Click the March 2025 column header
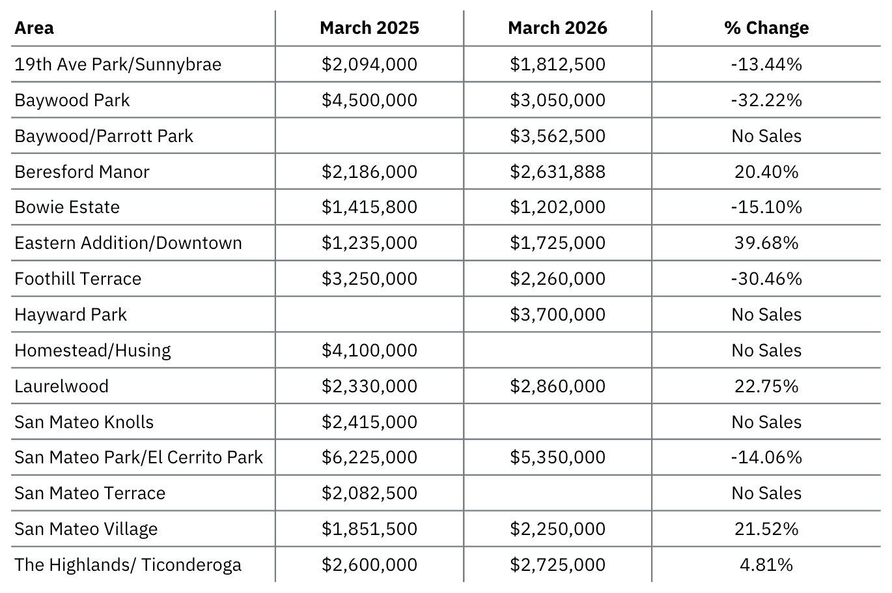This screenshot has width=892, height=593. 369,28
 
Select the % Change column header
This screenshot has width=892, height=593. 766,28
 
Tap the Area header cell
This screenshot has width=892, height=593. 34,28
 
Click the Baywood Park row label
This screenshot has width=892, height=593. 72,100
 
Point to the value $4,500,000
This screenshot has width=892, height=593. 369,100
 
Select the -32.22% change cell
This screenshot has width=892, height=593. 766,100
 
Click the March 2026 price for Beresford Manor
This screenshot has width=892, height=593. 557,172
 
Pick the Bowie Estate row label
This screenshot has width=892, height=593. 67,207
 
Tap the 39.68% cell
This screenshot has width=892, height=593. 766,242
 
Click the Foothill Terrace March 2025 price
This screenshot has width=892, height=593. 369,278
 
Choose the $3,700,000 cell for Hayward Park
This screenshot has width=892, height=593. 557,315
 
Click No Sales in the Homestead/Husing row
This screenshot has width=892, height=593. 766,351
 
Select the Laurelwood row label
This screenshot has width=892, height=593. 61,386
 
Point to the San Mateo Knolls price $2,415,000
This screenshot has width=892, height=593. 369,422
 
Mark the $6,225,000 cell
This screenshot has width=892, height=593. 369,457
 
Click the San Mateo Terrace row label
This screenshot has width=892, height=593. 90,493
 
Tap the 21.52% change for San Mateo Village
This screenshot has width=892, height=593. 766,529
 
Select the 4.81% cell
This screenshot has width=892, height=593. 766,565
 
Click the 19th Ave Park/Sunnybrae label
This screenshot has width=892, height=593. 118,65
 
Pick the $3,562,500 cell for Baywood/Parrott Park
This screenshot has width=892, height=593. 557,136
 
